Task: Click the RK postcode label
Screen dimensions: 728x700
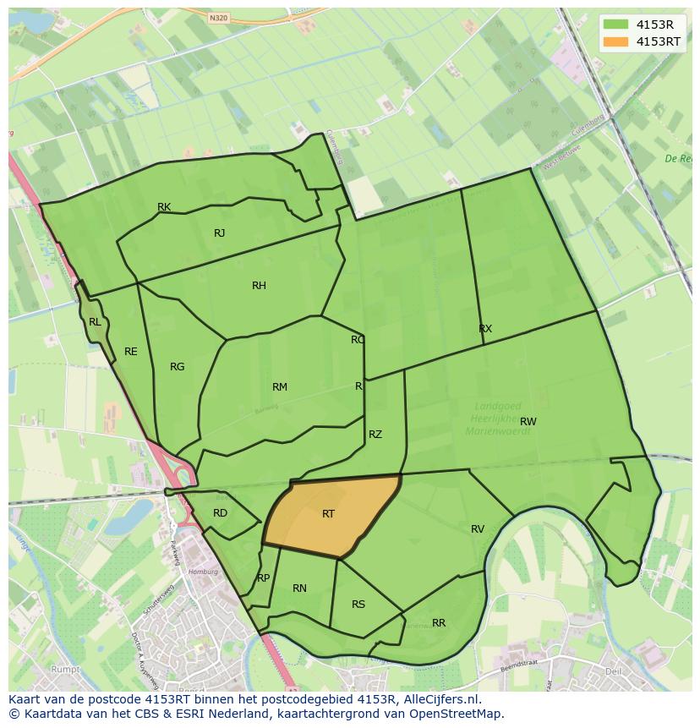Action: pyautogui.click(x=164, y=207)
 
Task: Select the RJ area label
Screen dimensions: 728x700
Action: pyautogui.click(x=219, y=233)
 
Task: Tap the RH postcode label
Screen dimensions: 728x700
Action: pyautogui.click(x=259, y=286)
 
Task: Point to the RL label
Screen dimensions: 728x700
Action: pyautogui.click(x=95, y=322)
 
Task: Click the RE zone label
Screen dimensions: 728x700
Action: pyautogui.click(x=130, y=352)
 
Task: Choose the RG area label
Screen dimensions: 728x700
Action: pyautogui.click(x=177, y=367)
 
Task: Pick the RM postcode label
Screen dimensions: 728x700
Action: pyautogui.click(x=280, y=387)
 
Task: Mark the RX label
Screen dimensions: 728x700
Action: pyautogui.click(x=485, y=329)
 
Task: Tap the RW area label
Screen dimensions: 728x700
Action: pyautogui.click(x=528, y=421)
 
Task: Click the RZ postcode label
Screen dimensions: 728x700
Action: pyautogui.click(x=375, y=435)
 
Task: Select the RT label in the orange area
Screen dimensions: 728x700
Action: pyautogui.click(x=328, y=514)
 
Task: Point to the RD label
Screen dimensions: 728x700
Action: pyautogui.click(x=220, y=513)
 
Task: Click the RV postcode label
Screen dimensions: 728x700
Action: pyautogui.click(x=478, y=529)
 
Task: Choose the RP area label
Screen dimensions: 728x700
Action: pyautogui.click(x=263, y=578)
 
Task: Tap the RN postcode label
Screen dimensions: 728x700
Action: pyautogui.click(x=299, y=588)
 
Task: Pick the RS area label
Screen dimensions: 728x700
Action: pyautogui.click(x=358, y=605)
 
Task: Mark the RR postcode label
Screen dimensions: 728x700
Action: pyautogui.click(x=439, y=623)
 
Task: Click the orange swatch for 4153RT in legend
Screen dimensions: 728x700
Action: pyautogui.click(x=615, y=41)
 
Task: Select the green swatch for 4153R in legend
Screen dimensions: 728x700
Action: pyautogui.click(x=615, y=24)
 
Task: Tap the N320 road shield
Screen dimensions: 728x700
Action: pyautogui.click(x=218, y=17)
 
